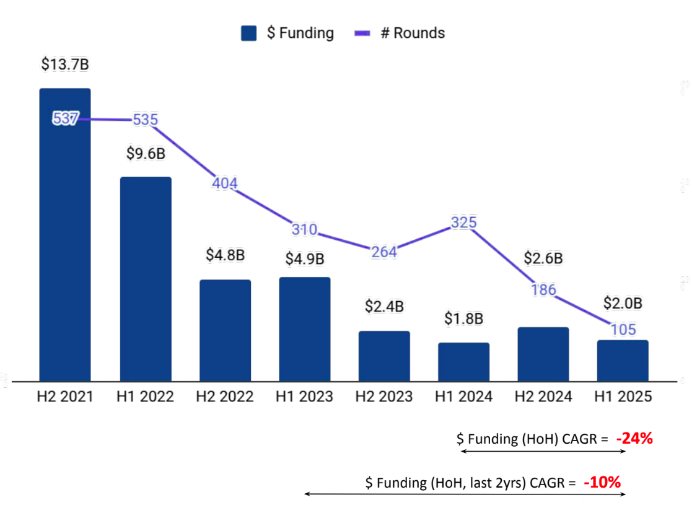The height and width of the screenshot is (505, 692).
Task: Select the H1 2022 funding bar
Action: tap(146, 279)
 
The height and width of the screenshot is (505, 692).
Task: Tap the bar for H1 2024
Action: tap(463, 362)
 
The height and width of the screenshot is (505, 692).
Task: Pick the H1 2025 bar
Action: tap(623, 361)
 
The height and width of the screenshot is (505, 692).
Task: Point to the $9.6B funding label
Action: tap(146, 153)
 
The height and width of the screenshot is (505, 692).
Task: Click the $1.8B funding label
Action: tap(463, 318)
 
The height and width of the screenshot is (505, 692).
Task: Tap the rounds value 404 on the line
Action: tap(225, 183)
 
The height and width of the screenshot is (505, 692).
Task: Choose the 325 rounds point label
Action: tap(463, 222)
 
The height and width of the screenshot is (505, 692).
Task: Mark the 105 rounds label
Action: tap(623, 330)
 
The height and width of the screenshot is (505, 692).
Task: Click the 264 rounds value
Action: tap(384, 252)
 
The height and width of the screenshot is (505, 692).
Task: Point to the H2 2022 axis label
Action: tap(225, 397)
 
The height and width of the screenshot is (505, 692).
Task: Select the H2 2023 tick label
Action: tap(384, 397)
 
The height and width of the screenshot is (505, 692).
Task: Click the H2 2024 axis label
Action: tap(543, 397)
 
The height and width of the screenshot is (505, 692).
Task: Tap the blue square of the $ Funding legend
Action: tap(249, 33)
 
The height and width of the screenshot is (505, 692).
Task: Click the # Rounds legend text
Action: tap(413, 33)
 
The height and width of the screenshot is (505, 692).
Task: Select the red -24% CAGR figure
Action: tap(634, 439)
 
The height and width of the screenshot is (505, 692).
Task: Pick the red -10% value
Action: tap(602, 482)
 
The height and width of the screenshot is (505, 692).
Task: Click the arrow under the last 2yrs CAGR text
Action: tap(465, 494)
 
